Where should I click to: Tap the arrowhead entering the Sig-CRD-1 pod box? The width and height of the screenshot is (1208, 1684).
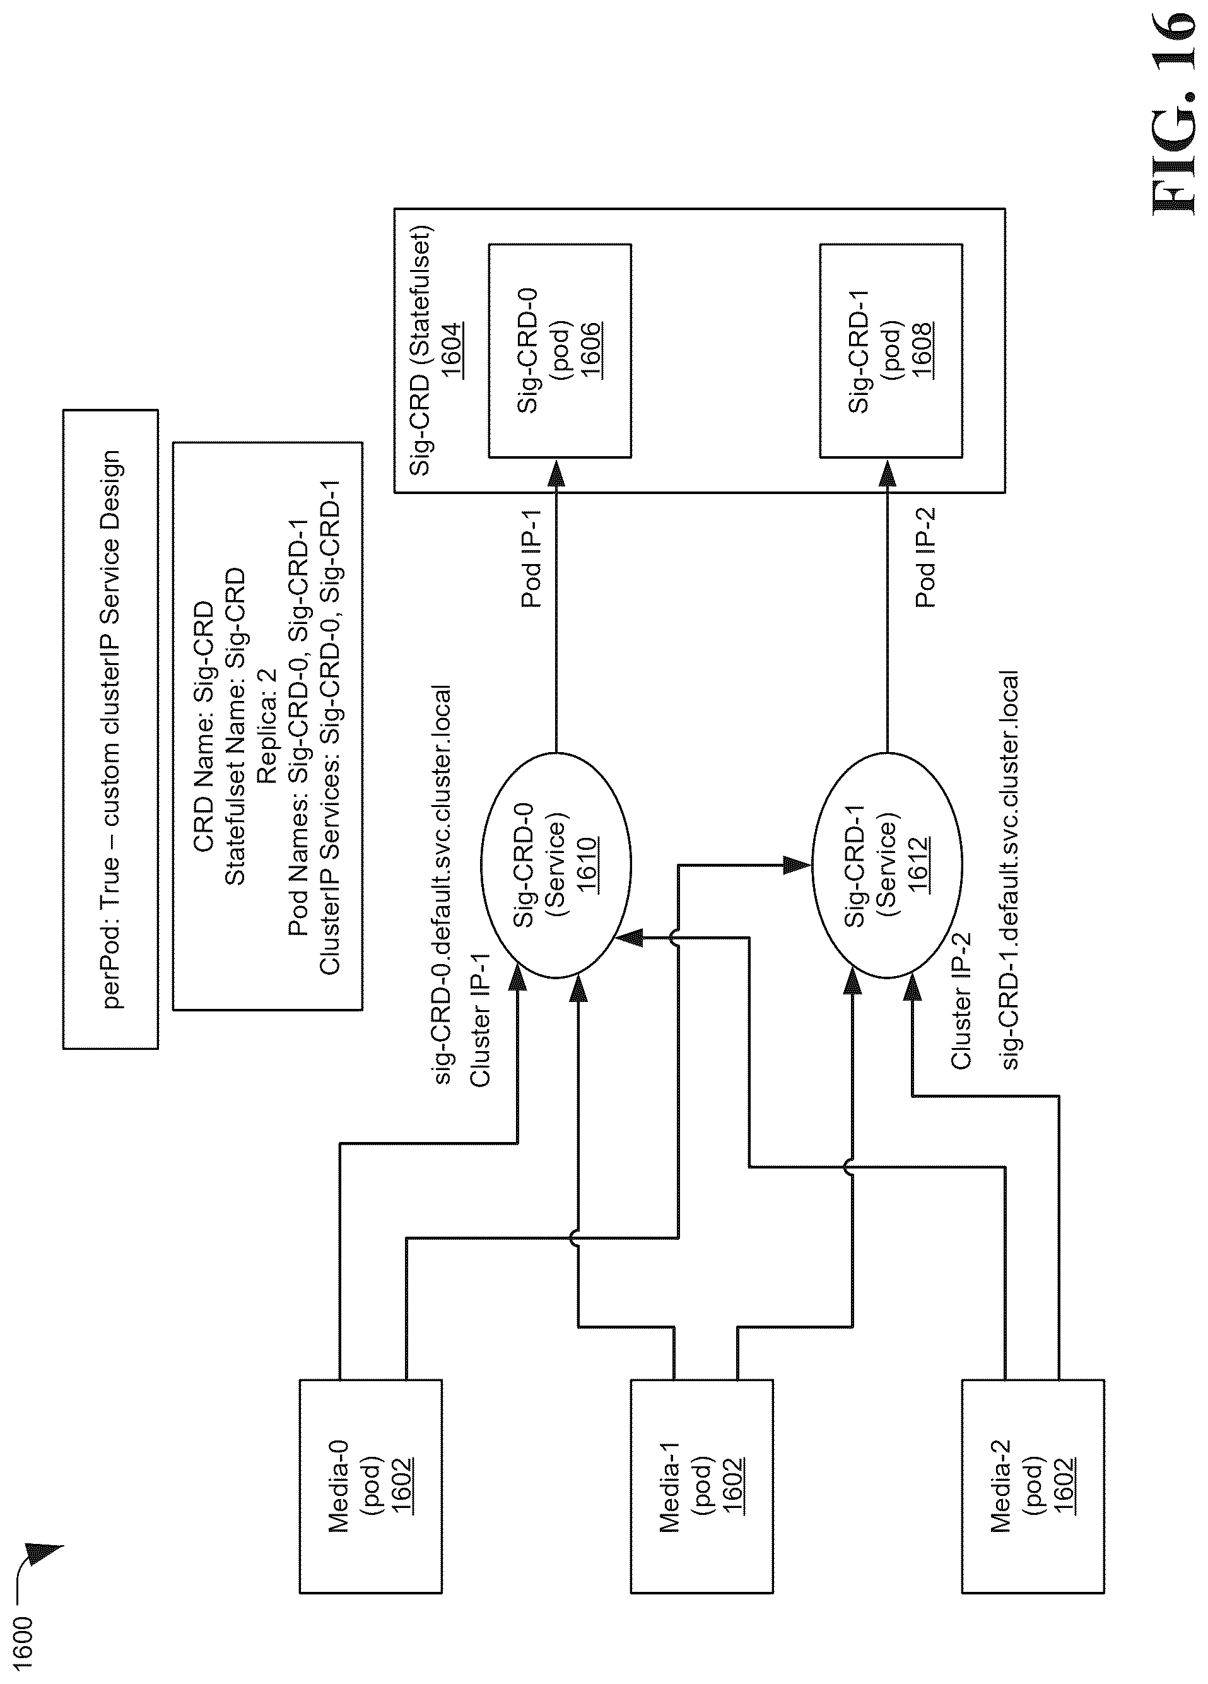(x=888, y=473)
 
